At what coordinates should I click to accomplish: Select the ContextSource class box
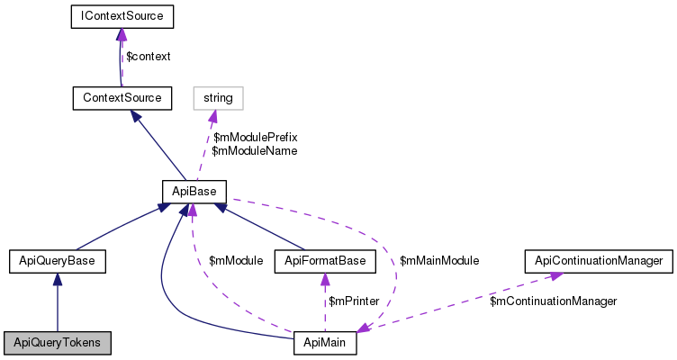(x=122, y=97)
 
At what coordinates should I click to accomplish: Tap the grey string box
(x=218, y=97)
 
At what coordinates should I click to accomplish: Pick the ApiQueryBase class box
(x=58, y=262)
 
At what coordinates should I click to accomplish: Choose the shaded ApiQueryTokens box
(x=58, y=344)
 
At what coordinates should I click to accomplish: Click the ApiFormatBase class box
(x=325, y=262)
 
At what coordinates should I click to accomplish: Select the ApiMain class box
(x=325, y=344)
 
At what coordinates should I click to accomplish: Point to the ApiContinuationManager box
(x=599, y=262)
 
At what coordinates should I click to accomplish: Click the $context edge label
(x=148, y=56)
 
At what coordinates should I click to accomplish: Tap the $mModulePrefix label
(x=255, y=137)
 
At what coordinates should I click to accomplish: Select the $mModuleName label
(x=254, y=151)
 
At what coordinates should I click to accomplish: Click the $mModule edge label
(x=235, y=260)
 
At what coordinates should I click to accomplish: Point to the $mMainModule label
(x=439, y=260)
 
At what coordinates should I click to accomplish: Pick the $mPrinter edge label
(x=352, y=301)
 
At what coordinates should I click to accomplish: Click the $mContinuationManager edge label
(x=553, y=301)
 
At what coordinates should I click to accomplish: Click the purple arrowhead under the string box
(x=214, y=115)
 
